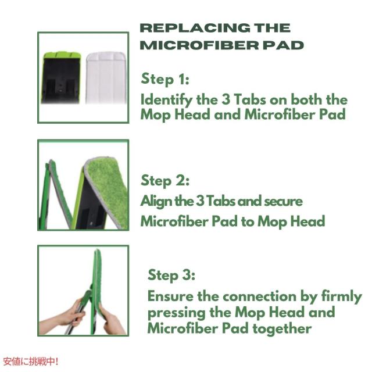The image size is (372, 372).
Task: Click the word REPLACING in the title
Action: pos(195,28)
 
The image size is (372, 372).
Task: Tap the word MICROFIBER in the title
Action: pos(199,45)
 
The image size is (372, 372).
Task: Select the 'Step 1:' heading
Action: pos(165,80)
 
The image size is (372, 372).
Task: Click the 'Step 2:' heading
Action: pos(165,181)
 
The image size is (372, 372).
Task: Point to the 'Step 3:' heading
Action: pos(171,275)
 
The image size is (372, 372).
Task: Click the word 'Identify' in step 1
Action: pos(166,100)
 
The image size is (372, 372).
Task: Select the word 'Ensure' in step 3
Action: pos(170,296)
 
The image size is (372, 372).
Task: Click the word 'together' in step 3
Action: pos(282,330)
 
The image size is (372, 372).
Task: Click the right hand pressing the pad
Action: pos(112,320)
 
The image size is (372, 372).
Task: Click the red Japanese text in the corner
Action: pos(31,362)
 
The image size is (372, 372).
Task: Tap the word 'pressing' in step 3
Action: pos(176,313)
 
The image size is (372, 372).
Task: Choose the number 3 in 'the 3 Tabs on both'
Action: pos(226,99)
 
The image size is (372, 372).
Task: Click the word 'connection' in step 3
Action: pos(260,297)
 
